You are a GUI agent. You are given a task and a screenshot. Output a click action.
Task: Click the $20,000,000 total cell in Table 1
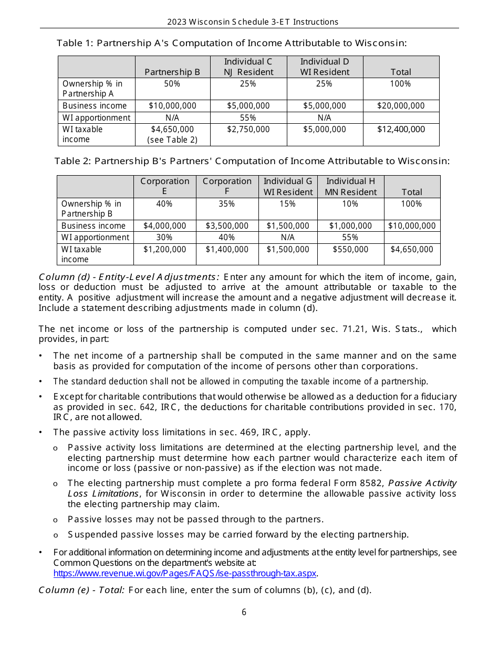click(x=401, y=106)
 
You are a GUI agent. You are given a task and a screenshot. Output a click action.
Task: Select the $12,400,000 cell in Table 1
click(x=401, y=130)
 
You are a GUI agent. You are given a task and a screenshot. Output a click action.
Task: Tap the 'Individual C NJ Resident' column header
click(x=248, y=67)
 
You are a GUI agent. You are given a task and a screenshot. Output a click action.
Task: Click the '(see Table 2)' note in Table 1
click(x=172, y=139)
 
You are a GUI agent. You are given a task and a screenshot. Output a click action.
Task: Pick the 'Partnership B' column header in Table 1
click(x=172, y=72)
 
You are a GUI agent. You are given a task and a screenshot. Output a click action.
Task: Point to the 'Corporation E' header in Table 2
click(x=165, y=187)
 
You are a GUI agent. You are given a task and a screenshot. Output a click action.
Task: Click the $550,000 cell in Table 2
click(x=350, y=250)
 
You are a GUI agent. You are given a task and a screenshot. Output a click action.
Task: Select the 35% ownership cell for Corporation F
click(x=227, y=204)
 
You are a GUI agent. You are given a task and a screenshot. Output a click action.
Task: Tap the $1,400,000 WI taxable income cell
click(x=227, y=250)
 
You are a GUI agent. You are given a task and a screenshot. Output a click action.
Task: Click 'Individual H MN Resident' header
click(x=350, y=187)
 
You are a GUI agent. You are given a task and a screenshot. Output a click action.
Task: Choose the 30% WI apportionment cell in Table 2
click(x=164, y=238)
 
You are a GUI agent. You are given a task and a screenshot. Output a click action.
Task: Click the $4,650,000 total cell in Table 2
click(x=412, y=250)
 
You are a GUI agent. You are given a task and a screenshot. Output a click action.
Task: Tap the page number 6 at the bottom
click(x=244, y=612)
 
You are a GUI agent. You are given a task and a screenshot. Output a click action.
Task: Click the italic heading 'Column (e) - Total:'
click(x=81, y=590)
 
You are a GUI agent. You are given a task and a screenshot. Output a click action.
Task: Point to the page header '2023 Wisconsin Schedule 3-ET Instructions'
click(x=253, y=22)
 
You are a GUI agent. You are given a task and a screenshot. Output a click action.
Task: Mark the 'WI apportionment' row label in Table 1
click(x=96, y=118)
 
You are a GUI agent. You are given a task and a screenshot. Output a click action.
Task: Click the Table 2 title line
click(x=252, y=161)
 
